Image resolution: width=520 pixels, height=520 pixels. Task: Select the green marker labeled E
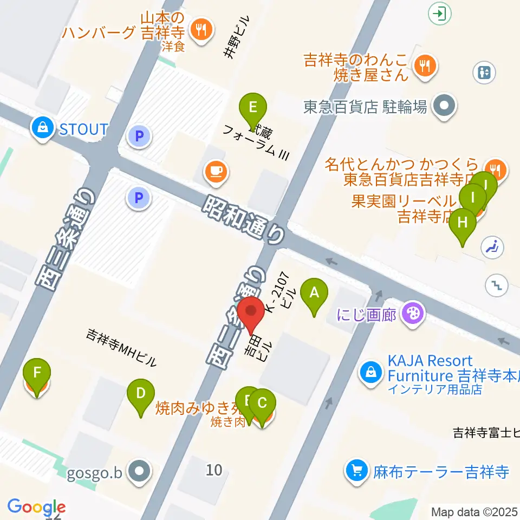(x=252, y=107)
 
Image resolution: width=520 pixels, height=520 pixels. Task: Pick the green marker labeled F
(x=37, y=373)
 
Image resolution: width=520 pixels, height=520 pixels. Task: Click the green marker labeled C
(x=262, y=404)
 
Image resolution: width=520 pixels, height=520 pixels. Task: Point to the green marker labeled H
(x=463, y=223)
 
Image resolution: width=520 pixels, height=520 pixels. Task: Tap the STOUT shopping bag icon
(x=41, y=129)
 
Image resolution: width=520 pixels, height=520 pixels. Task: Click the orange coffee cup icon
(x=216, y=172)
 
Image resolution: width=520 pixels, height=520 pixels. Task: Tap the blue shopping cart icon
(x=357, y=470)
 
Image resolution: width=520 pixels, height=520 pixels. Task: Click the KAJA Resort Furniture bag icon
(x=372, y=373)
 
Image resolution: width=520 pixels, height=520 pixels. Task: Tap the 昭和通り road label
(x=244, y=218)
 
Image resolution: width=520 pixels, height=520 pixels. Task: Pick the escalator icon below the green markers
(x=493, y=248)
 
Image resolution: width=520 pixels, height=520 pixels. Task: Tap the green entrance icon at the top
(x=440, y=13)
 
